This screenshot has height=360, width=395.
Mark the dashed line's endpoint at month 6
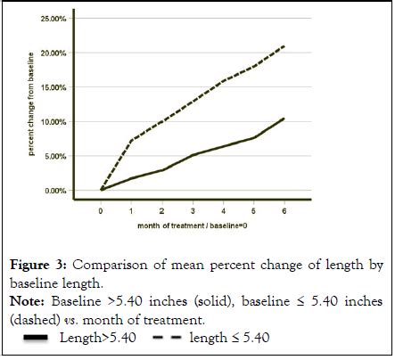284,45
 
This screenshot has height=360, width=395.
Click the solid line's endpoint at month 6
284,119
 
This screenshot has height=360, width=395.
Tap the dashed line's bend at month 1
132,140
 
